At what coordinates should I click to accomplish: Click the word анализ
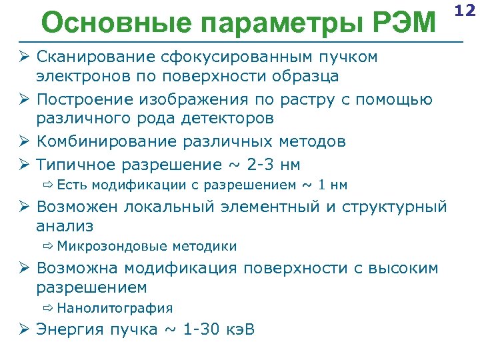[65, 226]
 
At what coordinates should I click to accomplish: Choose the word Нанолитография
[115, 309]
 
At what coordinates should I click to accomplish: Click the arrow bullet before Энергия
[24, 329]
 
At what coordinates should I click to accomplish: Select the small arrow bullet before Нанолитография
[48, 309]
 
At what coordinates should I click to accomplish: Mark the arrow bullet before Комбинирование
[24, 141]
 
